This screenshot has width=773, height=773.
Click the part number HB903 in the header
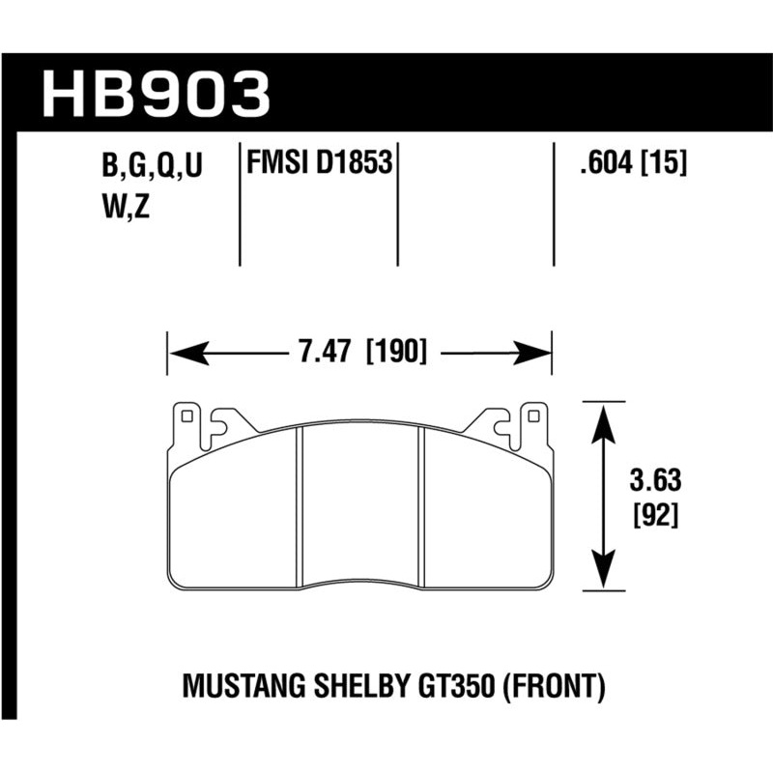(x=156, y=92)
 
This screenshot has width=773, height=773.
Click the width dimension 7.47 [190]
(x=359, y=351)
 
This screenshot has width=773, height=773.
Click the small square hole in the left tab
(x=187, y=418)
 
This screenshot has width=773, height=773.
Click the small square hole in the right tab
(x=531, y=418)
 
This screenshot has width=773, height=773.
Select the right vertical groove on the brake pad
(x=421, y=506)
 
